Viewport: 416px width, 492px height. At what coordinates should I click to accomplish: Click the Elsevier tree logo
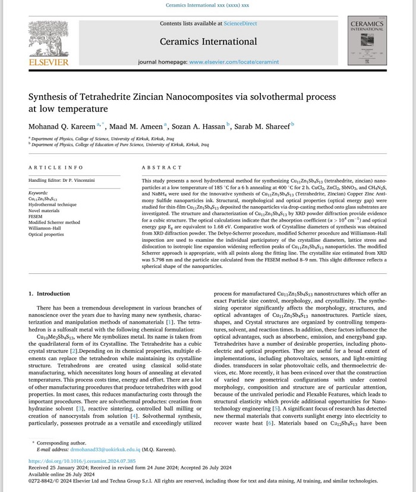pyautogui.click(x=48, y=39)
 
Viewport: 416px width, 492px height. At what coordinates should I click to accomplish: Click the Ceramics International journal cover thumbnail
pyautogui.click(x=367, y=40)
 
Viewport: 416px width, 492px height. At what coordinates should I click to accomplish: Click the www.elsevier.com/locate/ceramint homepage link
pyautogui.click(x=234, y=62)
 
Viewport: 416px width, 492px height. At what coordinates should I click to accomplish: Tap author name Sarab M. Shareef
pyautogui.click(x=261, y=127)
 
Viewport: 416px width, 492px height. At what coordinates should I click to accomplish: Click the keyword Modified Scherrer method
pyautogui.click(x=54, y=222)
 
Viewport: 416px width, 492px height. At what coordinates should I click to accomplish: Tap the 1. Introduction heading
pyautogui.click(x=49, y=294)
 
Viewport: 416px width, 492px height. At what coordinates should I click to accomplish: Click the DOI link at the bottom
pyautogui.click(x=82, y=461)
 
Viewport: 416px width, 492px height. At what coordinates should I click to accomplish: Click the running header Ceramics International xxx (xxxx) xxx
pyautogui.click(x=207, y=5)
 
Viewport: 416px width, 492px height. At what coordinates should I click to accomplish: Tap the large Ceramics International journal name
pyautogui.click(x=207, y=42)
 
